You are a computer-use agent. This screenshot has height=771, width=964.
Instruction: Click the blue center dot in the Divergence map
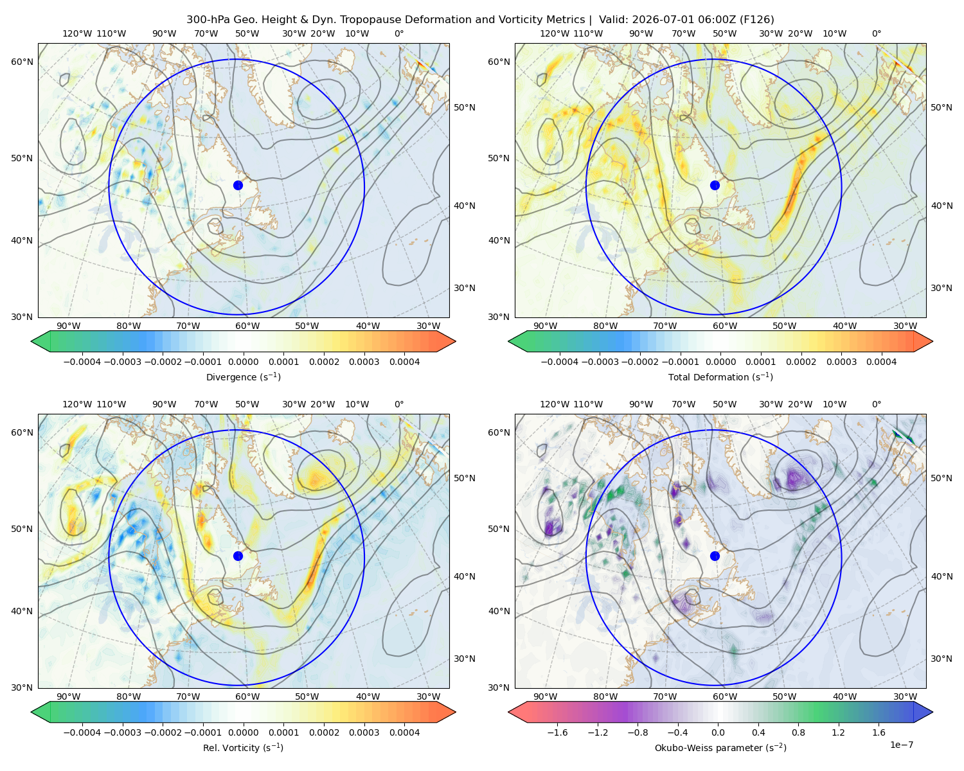pos(238,186)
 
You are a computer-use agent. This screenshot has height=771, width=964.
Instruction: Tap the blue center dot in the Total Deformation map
pos(715,186)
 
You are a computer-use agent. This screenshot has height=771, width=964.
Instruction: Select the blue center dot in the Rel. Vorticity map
pos(238,556)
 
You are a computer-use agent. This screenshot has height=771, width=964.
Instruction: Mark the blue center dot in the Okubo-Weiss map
pos(715,556)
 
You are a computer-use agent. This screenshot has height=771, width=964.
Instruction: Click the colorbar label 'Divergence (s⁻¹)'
pos(243,377)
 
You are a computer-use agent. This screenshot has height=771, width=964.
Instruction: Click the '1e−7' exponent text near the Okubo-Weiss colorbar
pos(901,745)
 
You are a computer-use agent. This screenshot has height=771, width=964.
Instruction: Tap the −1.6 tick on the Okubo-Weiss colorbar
pos(557,732)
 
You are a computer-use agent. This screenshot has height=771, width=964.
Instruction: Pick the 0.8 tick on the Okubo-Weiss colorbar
pos(798,732)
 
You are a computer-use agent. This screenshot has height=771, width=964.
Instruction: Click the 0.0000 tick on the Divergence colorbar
pos(243,362)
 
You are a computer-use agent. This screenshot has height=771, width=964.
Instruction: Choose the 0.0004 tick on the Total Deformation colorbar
pos(882,362)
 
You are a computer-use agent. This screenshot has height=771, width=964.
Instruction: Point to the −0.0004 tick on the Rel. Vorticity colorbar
pos(82,732)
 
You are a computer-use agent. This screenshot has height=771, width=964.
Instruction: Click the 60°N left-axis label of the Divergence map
pos(22,62)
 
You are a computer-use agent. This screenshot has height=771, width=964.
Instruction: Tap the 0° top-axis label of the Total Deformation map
pos(877,33)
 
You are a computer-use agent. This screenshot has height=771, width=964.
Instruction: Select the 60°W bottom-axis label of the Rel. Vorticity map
pos(247,696)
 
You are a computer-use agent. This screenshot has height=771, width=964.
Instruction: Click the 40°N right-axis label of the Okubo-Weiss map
pos(942,576)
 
